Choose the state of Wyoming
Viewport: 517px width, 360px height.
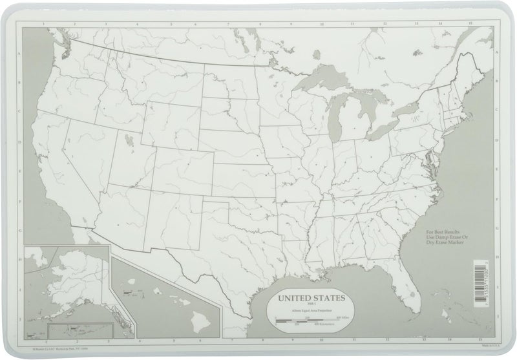click(x=171, y=123)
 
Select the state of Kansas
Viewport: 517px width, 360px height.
click(x=242, y=178)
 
